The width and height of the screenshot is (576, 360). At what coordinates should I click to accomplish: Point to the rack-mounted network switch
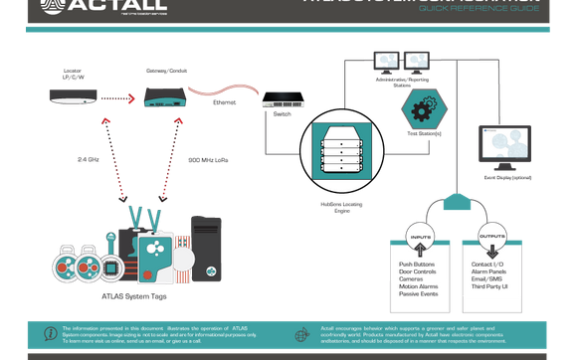point(283,100)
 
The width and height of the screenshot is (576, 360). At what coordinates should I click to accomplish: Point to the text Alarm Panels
point(490,273)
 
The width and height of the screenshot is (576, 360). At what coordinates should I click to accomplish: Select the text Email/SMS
point(487,281)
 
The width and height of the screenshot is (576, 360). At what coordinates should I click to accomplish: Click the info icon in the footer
point(50,333)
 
